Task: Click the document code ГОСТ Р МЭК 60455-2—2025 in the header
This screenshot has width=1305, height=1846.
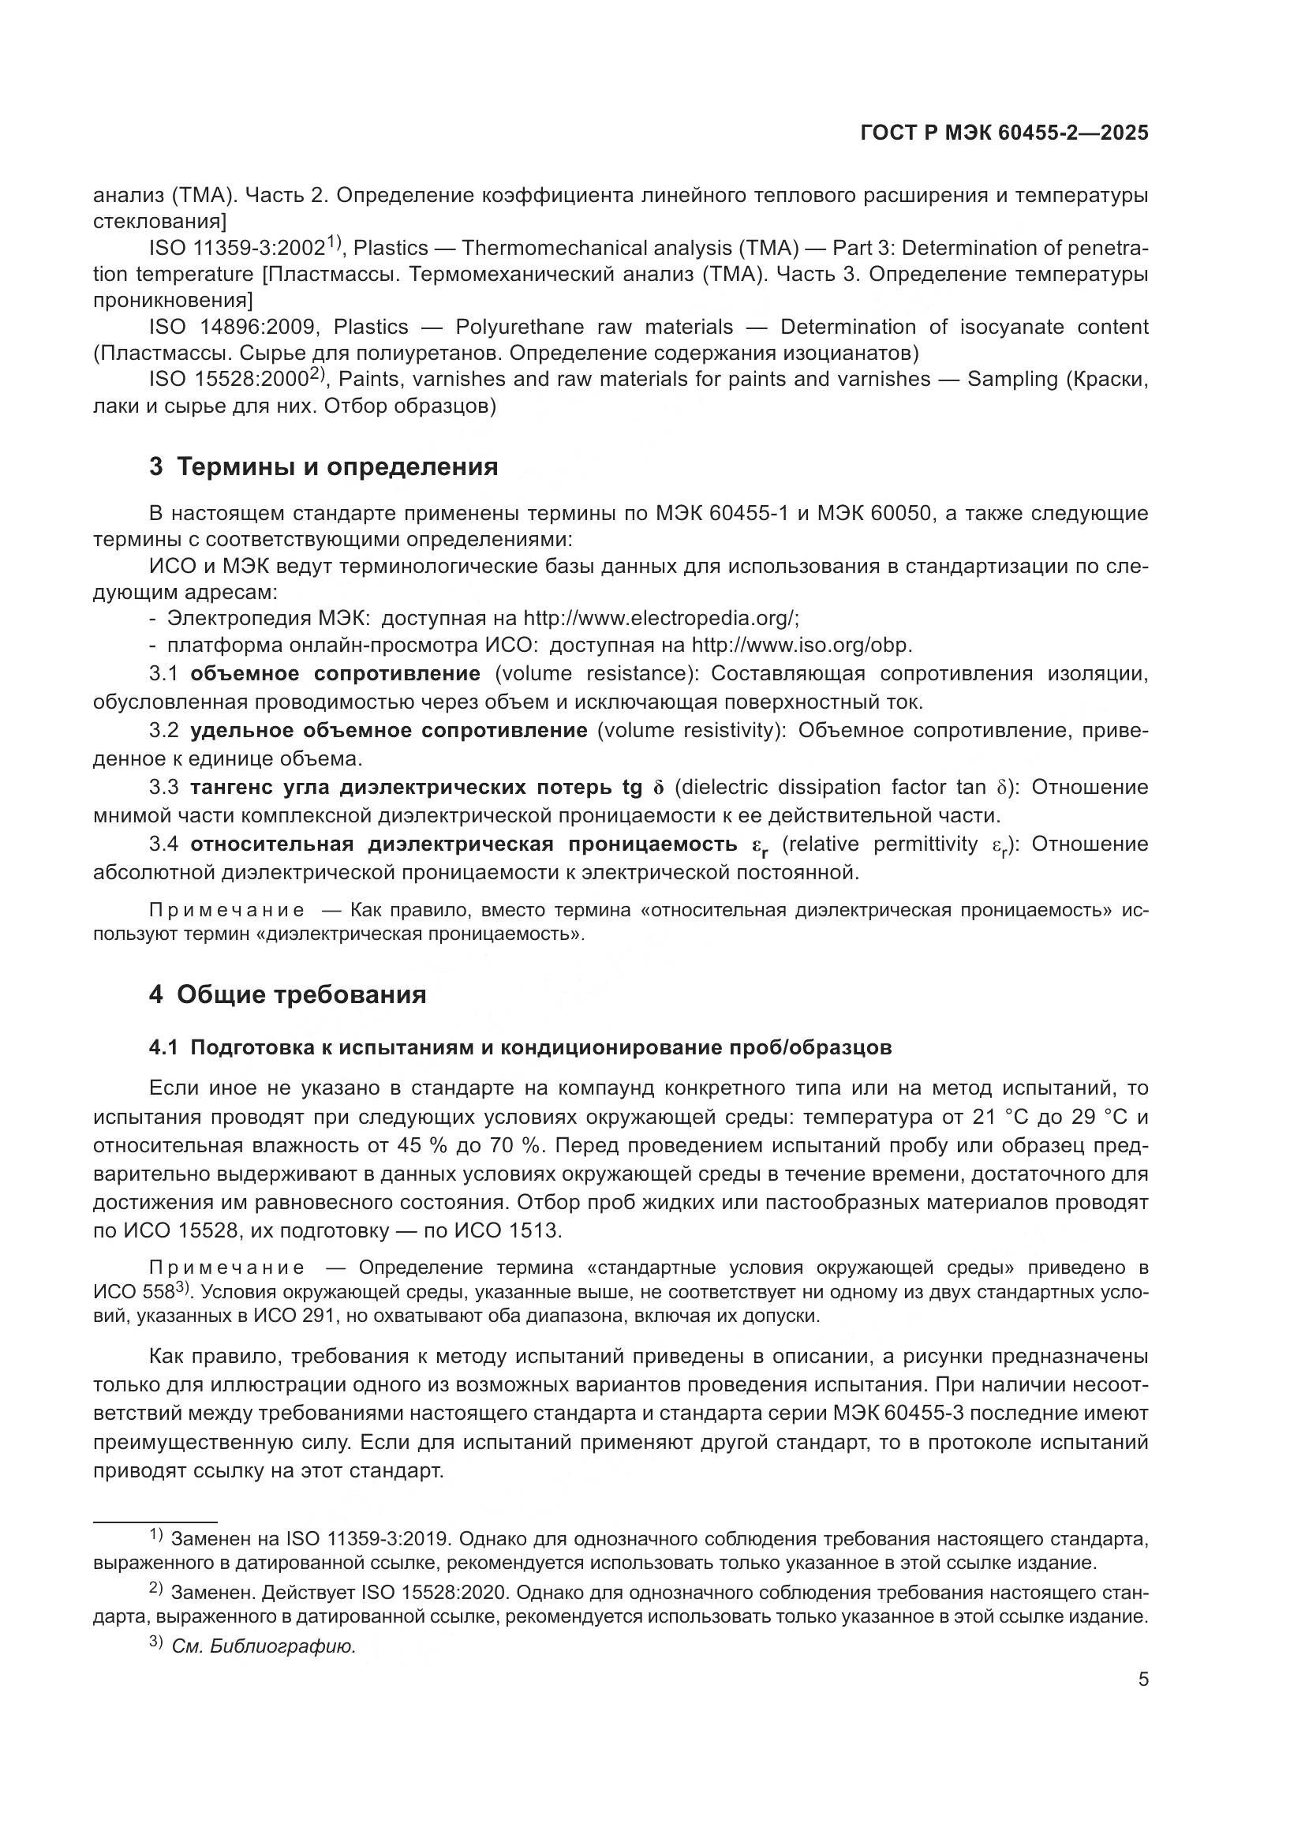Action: click(1004, 133)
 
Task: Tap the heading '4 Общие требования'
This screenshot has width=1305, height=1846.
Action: click(288, 994)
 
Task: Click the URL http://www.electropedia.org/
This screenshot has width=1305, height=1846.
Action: click(660, 618)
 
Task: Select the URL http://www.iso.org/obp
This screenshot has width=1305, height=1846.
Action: click(801, 645)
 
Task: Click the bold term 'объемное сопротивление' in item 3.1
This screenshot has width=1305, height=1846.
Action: click(335, 673)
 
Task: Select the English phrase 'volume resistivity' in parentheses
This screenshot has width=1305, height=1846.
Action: click(690, 730)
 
